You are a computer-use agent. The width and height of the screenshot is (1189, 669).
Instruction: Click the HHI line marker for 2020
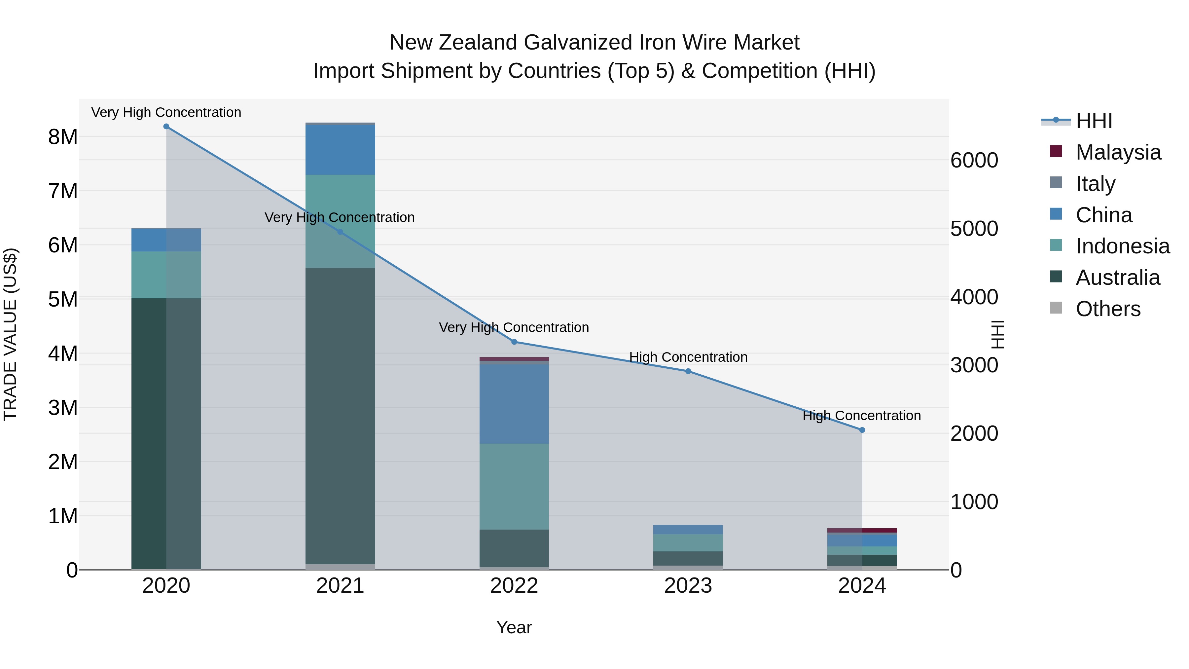tap(166, 127)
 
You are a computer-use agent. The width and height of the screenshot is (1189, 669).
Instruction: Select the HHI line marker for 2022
tap(514, 342)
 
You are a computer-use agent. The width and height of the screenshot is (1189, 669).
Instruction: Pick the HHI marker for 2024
tap(862, 430)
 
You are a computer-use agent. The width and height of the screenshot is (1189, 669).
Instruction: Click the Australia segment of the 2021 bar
tap(340, 416)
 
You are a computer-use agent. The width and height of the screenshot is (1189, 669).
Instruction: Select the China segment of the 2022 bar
tap(514, 404)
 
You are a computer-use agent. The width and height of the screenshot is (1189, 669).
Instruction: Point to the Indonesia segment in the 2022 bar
tap(514, 486)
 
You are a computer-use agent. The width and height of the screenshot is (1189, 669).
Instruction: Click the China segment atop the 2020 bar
tap(166, 240)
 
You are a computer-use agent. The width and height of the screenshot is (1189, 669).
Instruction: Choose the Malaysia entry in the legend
tap(1118, 152)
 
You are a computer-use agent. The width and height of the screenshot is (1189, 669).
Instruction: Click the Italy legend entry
tap(1095, 184)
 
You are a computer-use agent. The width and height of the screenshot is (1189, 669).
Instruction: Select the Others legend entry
tap(1108, 309)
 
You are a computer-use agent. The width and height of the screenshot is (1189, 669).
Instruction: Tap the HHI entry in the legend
tap(1094, 121)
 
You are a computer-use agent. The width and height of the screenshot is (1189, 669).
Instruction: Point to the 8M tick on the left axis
tap(63, 137)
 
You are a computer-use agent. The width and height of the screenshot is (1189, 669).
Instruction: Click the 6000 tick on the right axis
tap(974, 161)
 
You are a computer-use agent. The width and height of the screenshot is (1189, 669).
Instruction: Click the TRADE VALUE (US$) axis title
tap(10, 334)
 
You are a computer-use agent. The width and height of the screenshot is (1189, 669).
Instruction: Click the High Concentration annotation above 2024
tap(861, 416)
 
